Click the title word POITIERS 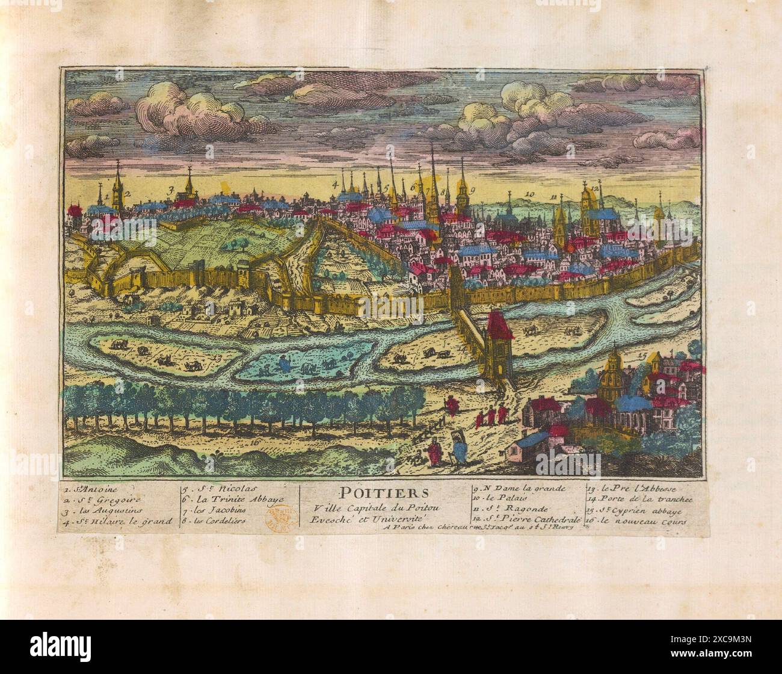click(x=380, y=492)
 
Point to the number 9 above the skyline click(x=473, y=190)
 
